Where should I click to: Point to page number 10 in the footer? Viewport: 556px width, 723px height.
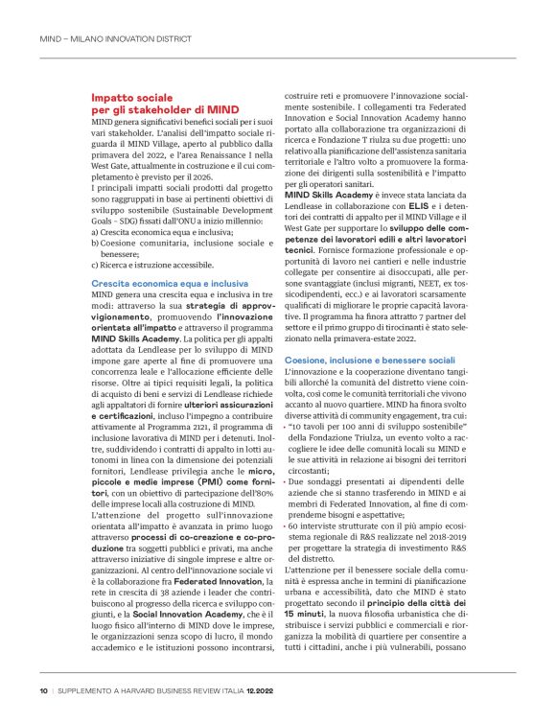pos(43,689)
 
